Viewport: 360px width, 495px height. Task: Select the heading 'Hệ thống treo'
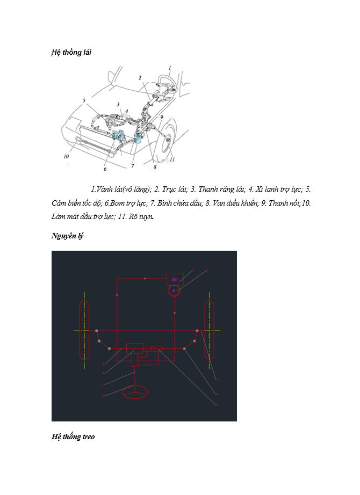pos(73,436)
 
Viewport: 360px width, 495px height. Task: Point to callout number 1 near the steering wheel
pos(169,68)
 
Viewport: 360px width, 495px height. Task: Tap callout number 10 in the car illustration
pos(66,157)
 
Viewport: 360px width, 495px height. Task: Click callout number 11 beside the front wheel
pos(171,159)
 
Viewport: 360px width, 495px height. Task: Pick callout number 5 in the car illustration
pos(84,100)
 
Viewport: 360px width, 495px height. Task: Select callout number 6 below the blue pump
pos(105,169)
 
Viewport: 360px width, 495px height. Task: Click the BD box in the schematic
pos(175,279)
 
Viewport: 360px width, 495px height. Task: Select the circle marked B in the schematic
pos(174,290)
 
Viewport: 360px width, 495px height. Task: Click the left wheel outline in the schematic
pos(84,330)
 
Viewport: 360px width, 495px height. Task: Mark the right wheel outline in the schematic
pos(209,330)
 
